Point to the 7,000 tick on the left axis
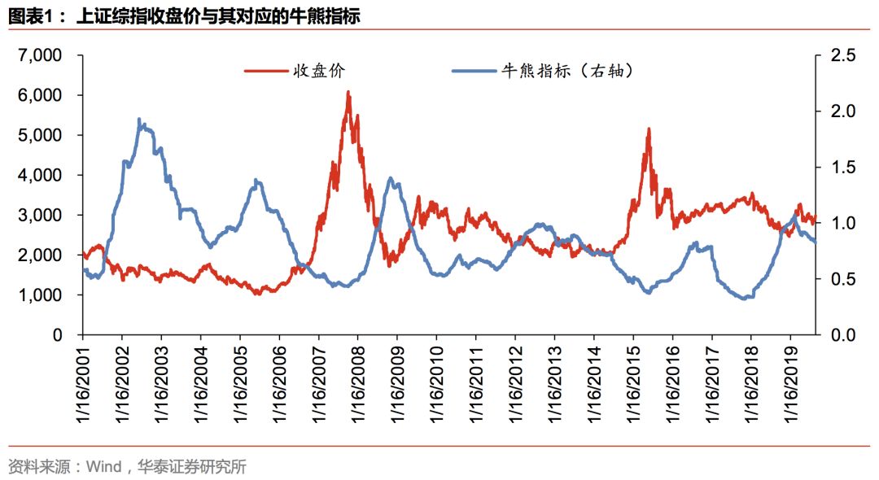pyautogui.click(x=39, y=55)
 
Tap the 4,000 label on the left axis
pyautogui.click(x=39, y=175)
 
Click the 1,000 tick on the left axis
pyautogui.click(x=39, y=295)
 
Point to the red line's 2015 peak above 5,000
pyautogui.click(x=649, y=129)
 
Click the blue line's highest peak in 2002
pyautogui.click(x=139, y=120)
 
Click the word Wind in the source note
pyautogui.click(x=103, y=467)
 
